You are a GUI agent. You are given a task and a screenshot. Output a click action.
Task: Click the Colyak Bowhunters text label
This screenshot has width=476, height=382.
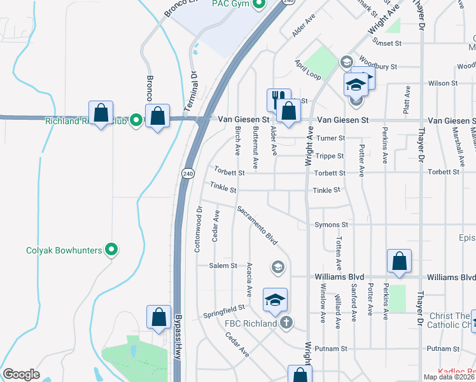pos(64,250)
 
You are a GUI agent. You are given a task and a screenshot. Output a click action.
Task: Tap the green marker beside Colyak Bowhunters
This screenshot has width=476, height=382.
pos(112,250)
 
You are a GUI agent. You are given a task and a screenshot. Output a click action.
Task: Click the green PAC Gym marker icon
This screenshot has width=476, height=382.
pos(258,5)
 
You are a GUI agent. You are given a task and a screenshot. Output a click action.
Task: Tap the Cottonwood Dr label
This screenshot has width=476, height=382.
pos(198,228)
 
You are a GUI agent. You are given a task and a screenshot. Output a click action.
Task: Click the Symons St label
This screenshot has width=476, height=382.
pos(331,225)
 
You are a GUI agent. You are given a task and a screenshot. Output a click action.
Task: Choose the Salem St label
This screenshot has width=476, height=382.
pos(224,265)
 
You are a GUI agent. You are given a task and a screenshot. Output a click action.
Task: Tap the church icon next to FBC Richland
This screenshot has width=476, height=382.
pos(286,323)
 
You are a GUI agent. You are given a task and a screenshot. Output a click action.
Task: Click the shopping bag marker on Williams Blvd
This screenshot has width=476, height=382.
pos(399,261)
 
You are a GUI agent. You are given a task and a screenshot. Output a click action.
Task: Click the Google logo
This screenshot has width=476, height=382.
pos(21,374)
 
